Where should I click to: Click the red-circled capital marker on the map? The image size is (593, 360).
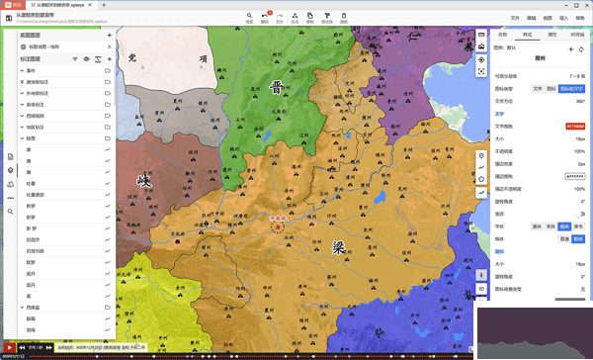point(278,225)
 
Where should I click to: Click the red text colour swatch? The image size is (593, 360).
point(574,127)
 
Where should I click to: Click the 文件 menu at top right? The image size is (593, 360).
point(515,18)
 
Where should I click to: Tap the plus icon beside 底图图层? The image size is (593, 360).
point(109,36)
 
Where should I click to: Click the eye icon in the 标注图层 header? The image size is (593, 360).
point(87,59)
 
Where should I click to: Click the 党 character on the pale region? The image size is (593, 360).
point(131,59)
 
